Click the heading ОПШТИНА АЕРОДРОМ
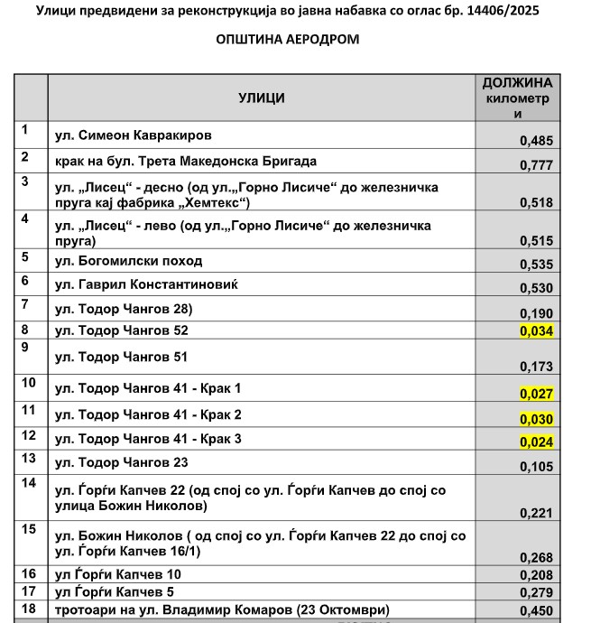(288, 40)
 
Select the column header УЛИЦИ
(262, 97)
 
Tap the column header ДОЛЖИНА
(517, 82)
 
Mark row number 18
(29, 609)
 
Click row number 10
(29, 383)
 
